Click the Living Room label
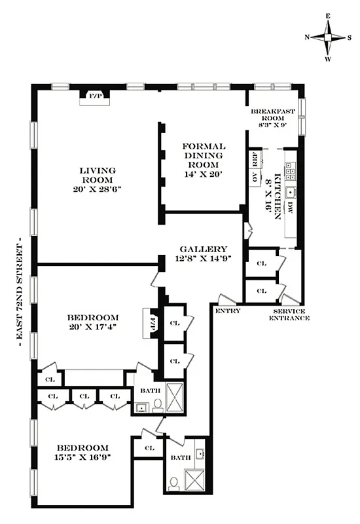pos(98,175)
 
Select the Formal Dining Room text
pos(204,155)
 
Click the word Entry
pos(227,310)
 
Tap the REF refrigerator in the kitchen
pos(253,159)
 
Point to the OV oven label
pos(253,177)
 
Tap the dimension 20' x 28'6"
pos(98,189)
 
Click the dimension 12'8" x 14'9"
pos(204,259)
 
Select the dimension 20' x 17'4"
pos(98,327)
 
